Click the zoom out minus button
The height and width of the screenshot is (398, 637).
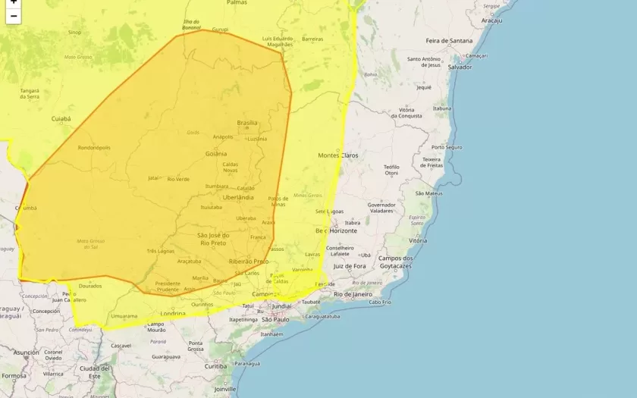pos(13,16)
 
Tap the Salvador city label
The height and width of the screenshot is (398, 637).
pos(460,67)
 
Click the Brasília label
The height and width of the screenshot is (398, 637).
pos(247,123)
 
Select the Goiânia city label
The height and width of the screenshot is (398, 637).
pos(216,154)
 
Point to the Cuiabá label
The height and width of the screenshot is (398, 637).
pos(61,119)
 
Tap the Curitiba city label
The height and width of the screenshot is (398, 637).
pos(215,366)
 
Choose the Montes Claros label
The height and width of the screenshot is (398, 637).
pos(337,155)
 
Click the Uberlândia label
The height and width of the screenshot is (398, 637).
pos(238,197)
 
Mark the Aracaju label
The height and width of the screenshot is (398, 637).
pos(491,20)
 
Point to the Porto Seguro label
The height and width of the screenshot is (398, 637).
pos(447,147)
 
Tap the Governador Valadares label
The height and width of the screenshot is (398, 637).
pos(381,208)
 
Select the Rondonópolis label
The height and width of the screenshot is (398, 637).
pos(94,148)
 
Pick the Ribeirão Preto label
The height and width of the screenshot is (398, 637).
pos(249,261)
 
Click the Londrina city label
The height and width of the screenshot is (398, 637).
pos(174,313)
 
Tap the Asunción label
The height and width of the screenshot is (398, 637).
pos(26,353)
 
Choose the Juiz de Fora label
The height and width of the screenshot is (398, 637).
pos(350,266)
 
